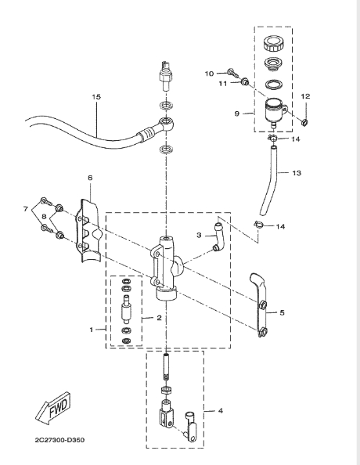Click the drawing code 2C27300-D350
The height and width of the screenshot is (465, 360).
(x=59, y=440)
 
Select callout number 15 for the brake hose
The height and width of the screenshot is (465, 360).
(x=96, y=96)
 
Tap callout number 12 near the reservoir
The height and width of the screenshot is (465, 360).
(x=305, y=96)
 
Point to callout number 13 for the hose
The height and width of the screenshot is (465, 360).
(x=297, y=172)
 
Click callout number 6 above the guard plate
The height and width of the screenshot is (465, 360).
(x=90, y=178)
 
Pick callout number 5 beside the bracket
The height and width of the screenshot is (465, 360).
(x=282, y=312)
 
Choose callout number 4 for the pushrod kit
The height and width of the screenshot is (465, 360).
(x=221, y=411)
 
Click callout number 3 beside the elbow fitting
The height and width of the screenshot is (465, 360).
(x=199, y=235)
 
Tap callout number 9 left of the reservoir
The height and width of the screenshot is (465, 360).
(x=237, y=114)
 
